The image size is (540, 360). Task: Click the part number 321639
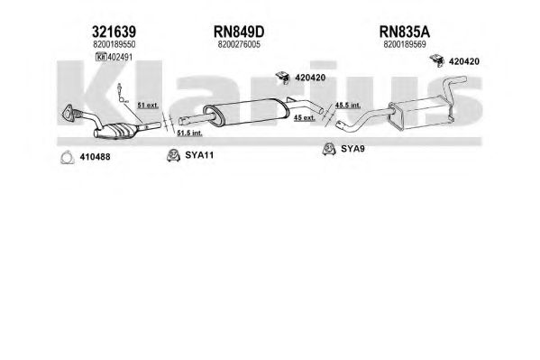tap(114, 32)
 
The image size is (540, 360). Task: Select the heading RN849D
tap(239, 32)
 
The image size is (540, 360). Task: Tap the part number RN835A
tap(404, 32)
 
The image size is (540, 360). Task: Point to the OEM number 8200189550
tap(114, 44)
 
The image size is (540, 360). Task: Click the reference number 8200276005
tap(239, 44)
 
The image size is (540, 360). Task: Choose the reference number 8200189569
tap(404, 44)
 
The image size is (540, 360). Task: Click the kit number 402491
tap(120, 57)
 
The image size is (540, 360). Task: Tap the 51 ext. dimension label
tap(148, 106)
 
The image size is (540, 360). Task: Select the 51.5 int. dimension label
tap(189, 133)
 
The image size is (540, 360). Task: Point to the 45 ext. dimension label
tap(304, 117)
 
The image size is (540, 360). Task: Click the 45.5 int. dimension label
tap(348, 106)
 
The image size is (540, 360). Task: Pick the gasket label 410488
tap(95, 157)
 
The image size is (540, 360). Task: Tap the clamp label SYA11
tap(199, 155)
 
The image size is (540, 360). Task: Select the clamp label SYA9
tap(352, 149)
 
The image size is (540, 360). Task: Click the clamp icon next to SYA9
tap(329, 149)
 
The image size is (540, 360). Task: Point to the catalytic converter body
tap(116, 131)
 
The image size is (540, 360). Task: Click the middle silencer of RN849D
tap(247, 112)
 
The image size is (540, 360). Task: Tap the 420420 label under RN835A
tap(464, 61)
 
